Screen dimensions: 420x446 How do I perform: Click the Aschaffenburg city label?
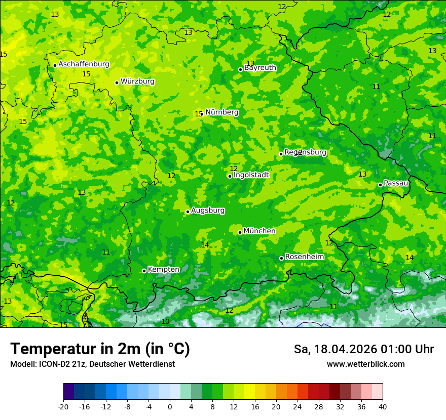point(84,64)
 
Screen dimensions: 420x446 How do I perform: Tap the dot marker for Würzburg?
point(117,82)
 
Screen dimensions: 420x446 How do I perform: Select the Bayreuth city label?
point(260,68)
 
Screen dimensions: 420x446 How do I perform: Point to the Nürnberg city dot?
point(202,114)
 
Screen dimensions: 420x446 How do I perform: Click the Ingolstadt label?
point(251,175)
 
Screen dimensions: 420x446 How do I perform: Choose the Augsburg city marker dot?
point(188,212)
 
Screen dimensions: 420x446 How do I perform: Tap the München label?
point(259,231)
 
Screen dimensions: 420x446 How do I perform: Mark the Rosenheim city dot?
point(281,258)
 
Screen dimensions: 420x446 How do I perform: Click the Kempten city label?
point(163,269)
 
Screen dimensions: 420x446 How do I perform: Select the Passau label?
point(396,183)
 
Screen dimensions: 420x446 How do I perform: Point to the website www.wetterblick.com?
point(365,364)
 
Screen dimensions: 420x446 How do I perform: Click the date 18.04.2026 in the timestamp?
point(345,349)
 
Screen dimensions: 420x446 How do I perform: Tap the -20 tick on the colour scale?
point(63,406)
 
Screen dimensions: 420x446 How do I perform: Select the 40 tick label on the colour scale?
point(383,406)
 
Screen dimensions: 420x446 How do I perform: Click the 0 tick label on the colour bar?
point(170,406)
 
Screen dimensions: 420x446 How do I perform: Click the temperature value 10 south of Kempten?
point(165,322)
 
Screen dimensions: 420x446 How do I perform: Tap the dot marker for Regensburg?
point(281,154)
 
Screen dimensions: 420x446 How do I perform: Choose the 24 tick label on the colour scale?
point(298,406)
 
